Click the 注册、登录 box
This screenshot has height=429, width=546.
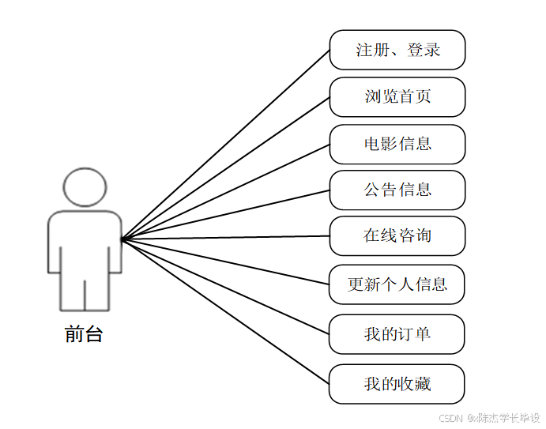click(x=397, y=50)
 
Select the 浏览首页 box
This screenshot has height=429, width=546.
click(x=397, y=97)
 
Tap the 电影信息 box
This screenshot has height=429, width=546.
click(x=397, y=144)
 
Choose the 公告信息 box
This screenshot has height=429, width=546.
click(x=397, y=190)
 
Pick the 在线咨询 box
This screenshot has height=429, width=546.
click(x=397, y=235)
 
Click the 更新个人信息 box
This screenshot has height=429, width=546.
click(x=397, y=284)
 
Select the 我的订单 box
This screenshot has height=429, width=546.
click(x=397, y=334)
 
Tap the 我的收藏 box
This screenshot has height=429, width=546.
click(x=397, y=384)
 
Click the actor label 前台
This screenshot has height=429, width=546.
click(x=84, y=334)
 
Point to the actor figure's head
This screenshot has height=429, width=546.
click(x=85, y=186)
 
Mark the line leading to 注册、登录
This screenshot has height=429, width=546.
click(x=225, y=144)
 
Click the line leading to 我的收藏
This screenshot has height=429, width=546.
click(x=225, y=310)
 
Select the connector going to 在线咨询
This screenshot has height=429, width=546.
click(x=225, y=236)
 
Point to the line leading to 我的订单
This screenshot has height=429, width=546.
click(x=225, y=286)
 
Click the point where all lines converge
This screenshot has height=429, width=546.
click(x=122, y=238)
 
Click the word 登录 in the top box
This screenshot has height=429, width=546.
click(x=424, y=50)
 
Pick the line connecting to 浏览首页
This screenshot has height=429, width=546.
click(x=225, y=167)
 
